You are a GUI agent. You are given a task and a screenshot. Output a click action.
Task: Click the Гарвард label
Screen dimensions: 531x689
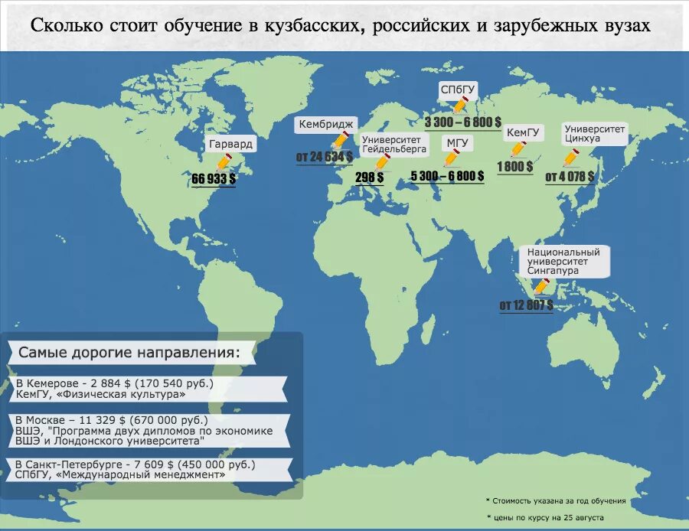tap(230, 144)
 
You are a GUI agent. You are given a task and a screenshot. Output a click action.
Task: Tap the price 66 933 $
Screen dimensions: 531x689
tap(214, 178)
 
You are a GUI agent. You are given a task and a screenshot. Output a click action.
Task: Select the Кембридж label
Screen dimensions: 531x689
tap(326, 124)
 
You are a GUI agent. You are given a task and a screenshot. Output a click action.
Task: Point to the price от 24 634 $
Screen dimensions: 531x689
tap(325, 157)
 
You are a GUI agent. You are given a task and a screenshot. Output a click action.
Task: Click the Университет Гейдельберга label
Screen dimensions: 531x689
tap(393, 145)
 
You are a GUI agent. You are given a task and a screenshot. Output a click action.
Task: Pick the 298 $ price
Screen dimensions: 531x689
tap(370, 177)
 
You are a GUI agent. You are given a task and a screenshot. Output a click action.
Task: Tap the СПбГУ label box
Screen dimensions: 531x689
tap(458, 90)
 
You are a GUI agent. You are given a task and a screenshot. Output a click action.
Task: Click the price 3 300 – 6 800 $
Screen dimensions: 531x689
tap(463, 122)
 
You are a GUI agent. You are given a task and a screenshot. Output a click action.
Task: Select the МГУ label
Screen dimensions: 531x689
tap(459, 143)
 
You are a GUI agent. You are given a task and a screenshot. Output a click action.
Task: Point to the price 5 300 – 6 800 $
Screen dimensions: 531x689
tap(447, 176)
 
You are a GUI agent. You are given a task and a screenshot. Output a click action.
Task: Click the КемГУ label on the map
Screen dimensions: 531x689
tap(524, 132)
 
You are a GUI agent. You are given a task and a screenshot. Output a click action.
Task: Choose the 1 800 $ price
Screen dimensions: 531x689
tap(514, 167)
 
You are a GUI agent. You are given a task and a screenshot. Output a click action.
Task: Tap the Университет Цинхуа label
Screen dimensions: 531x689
tap(595, 134)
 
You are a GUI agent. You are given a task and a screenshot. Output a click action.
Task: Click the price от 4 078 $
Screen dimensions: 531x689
tap(570, 177)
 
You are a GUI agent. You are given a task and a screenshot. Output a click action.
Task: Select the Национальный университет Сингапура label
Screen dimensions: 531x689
tap(563, 261)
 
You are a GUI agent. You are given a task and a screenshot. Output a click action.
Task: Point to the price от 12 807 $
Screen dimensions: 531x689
tap(526, 305)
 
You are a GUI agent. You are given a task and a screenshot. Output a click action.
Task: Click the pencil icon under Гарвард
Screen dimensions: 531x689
tap(224, 162)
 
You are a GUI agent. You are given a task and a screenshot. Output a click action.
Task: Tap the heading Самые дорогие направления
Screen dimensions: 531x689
tap(129, 353)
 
